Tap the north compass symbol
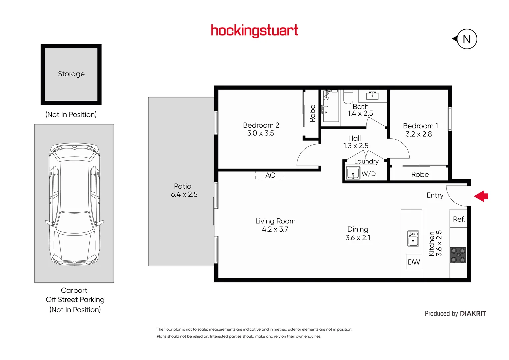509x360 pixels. [x=466, y=39]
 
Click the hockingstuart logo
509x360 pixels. [x=254, y=31]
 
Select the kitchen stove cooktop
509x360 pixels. [x=458, y=255]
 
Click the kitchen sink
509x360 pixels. [x=413, y=239]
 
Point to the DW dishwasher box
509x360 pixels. [x=414, y=262]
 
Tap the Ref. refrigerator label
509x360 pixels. [x=459, y=219]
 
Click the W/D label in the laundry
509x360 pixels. [x=369, y=174]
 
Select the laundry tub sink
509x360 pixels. [x=353, y=173]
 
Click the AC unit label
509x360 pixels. [x=270, y=175]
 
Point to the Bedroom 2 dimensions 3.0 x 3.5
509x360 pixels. [x=261, y=133]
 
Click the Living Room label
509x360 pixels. [x=275, y=221]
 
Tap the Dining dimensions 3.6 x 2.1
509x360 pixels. [x=358, y=238]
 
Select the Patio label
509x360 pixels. [x=183, y=186]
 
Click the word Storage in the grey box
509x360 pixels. [x=71, y=74]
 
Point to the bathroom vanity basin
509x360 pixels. [x=372, y=95]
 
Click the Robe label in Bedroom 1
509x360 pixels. [x=420, y=175]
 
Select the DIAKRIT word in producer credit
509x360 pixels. [x=473, y=314]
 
